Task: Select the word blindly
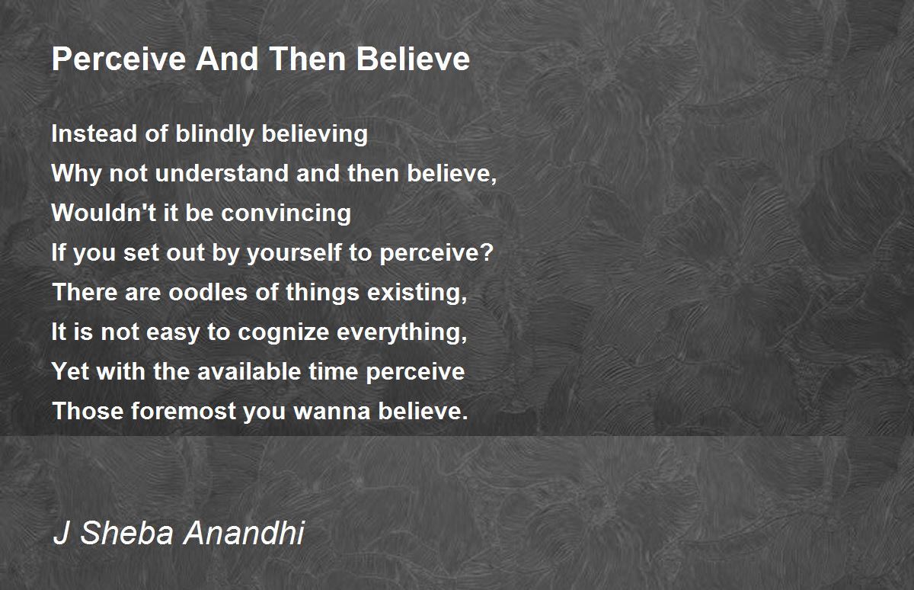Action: click(215, 135)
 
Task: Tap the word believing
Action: click(315, 135)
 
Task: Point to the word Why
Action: click(76, 174)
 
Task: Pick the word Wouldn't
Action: click(104, 213)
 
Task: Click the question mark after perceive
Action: click(487, 252)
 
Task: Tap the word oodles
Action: click(208, 292)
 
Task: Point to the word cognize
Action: click(283, 332)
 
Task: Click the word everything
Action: click(402, 332)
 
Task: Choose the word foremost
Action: click(184, 411)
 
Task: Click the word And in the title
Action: click(227, 59)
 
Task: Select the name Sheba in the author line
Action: click(127, 532)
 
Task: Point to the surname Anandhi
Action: click(244, 532)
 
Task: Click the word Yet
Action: click(71, 371)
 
